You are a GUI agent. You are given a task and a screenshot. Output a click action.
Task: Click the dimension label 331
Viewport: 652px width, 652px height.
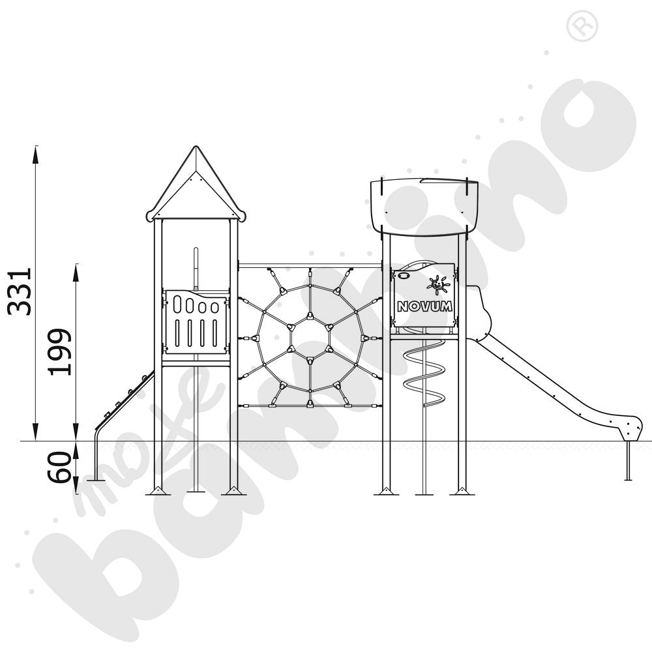coord(20,291)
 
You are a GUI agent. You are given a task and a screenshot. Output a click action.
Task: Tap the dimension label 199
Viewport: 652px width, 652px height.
coord(61,351)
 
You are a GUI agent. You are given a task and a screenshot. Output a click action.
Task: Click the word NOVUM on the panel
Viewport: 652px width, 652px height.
coord(424,306)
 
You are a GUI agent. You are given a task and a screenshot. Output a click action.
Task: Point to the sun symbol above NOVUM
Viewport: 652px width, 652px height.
coord(437,284)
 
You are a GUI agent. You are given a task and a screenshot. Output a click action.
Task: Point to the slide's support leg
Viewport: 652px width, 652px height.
coord(627,460)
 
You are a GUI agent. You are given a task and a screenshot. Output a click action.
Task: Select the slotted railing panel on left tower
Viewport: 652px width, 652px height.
coord(196,323)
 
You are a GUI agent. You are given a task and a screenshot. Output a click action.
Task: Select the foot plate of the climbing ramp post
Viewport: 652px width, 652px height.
coord(96,479)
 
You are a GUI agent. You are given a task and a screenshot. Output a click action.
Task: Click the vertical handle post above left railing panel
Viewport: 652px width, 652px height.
coord(195,267)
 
